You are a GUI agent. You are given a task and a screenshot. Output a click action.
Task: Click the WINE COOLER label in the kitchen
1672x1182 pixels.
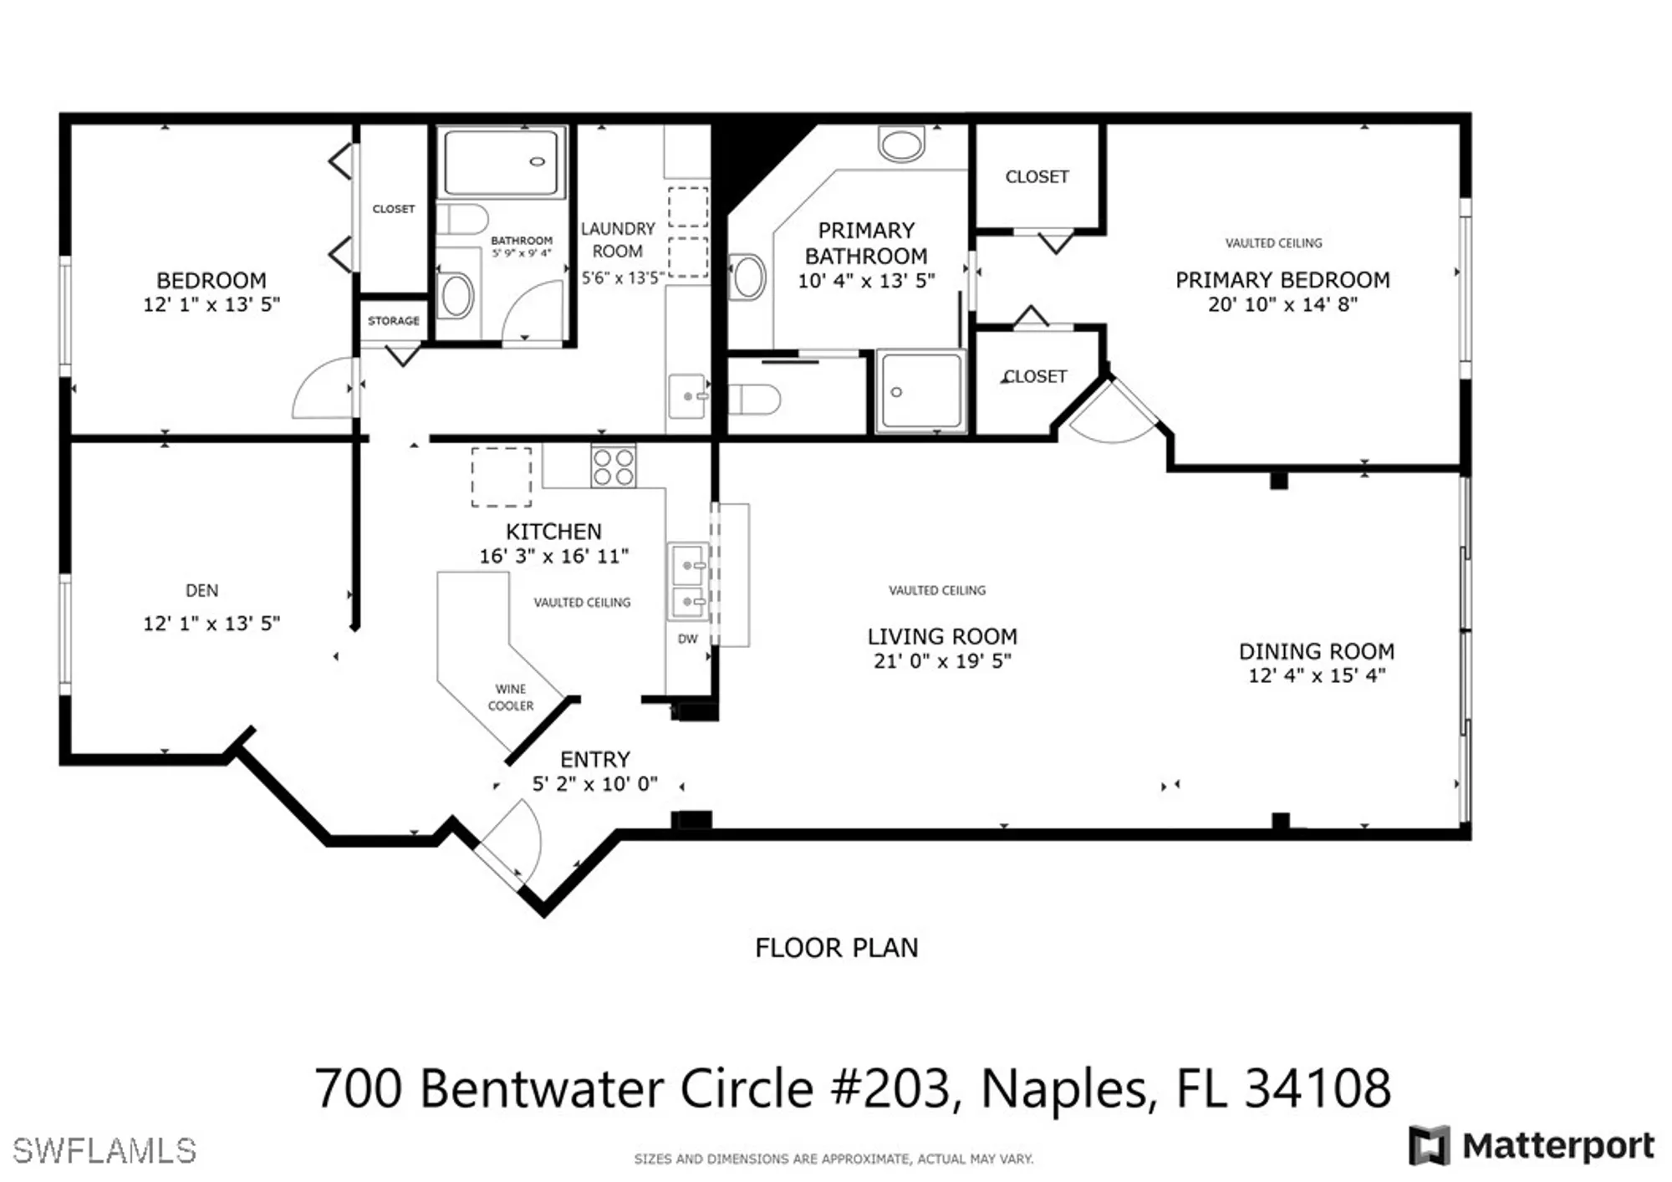(x=510, y=697)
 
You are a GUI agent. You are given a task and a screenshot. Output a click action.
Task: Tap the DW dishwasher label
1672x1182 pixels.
(x=687, y=639)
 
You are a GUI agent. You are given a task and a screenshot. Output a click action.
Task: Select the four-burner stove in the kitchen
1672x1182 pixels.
(x=613, y=466)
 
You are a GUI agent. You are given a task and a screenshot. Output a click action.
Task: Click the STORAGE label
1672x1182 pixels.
(x=393, y=321)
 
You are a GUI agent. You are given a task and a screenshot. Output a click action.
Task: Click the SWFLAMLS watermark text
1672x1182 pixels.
(x=104, y=1151)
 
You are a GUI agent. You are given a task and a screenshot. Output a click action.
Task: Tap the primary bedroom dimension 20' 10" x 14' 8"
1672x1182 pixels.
(x=1282, y=305)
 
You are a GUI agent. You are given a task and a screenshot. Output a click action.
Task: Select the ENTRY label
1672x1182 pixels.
(x=594, y=760)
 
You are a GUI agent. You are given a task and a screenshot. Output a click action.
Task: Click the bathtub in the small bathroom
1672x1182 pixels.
(x=501, y=162)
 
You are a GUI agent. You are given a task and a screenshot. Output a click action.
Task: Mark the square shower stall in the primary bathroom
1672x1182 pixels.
(x=920, y=391)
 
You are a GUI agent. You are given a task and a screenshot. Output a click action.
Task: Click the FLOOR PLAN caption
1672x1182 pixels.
(x=836, y=948)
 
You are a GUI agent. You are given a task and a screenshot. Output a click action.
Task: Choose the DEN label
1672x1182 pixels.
(x=201, y=591)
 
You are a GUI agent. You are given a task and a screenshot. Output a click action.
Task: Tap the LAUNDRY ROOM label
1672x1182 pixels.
(x=618, y=240)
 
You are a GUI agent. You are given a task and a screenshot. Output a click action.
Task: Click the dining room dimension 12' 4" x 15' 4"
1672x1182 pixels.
(x=1317, y=675)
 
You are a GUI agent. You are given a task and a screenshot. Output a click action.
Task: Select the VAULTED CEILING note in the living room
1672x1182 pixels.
(x=936, y=591)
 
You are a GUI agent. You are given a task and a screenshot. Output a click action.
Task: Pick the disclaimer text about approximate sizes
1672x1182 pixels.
(x=833, y=1159)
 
